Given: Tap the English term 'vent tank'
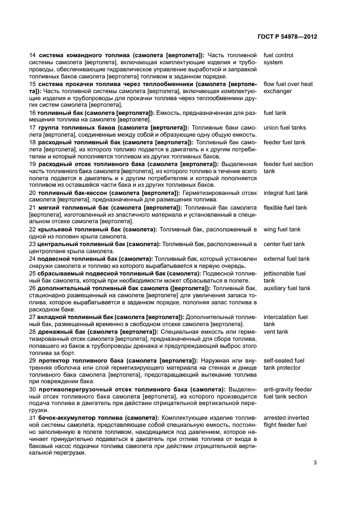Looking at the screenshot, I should pos(276,332).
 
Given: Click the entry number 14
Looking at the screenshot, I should pos(32,56).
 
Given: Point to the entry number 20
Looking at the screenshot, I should pos(32,193).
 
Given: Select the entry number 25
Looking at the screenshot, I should pos(32,273).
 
